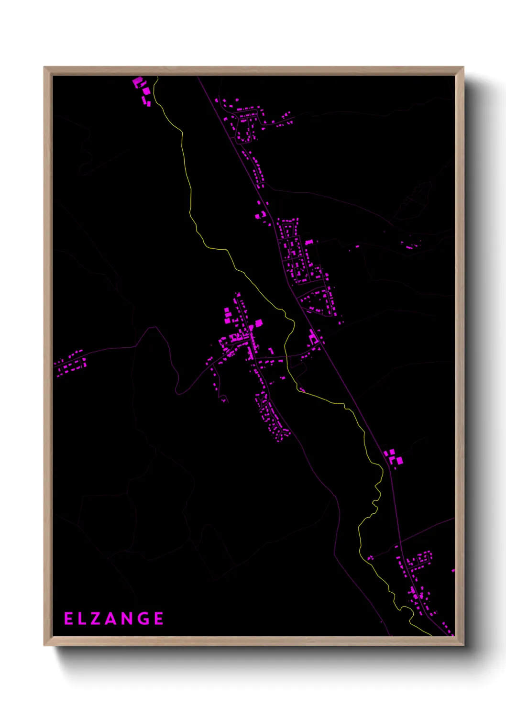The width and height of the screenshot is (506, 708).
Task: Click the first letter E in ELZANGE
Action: [68, 619]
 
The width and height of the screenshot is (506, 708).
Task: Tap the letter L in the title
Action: [82, 619]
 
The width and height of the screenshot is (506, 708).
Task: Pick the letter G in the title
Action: [144, 619]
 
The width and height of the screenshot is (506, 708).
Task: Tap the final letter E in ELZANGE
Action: [159, 619]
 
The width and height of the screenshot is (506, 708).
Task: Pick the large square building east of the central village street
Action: [259, 323]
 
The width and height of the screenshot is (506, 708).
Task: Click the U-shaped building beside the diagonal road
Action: [314, 338]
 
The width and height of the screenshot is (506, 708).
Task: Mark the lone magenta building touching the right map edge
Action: [452, 570]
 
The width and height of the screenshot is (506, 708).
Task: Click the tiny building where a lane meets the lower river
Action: [370, 558]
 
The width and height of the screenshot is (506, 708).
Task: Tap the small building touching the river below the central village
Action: [302, 390]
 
